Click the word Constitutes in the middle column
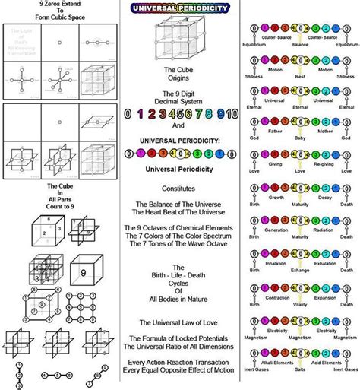(x=179, y=188)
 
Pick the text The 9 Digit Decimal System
(x=179, y=97)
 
